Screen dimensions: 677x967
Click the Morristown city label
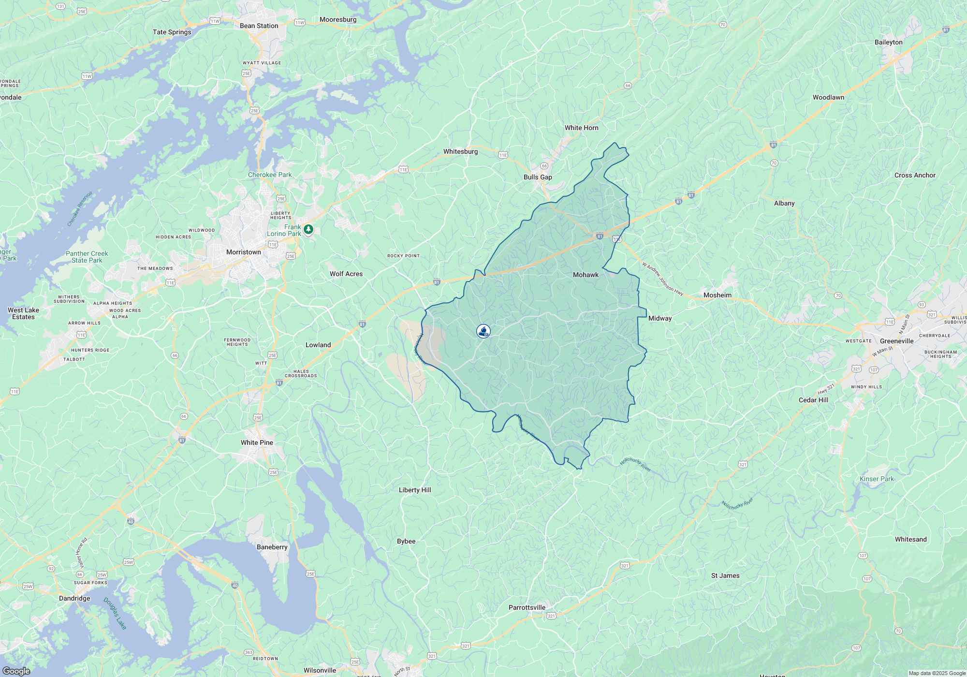(x=244, y=252)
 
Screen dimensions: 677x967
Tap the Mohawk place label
(x=586, y=275)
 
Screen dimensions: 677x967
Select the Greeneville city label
(x=896, y=341)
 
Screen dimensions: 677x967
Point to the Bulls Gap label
(x=538, y=177)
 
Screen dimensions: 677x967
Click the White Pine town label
(x=257, y=442)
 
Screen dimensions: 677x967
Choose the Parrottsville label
(x=527, y=607)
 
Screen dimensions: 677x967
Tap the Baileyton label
(x=888, y=42)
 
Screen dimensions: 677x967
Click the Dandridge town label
(x=74, y=598)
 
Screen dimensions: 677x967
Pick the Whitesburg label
(x=460, y=151)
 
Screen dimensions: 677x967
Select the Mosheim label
(x=717, y=295)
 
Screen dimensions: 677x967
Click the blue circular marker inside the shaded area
(x=483, y=331)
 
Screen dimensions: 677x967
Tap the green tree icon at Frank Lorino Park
(x=308, y=229)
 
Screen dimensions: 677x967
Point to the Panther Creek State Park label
(x=87, y=257)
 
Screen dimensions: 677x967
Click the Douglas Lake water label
(x=115, y=613)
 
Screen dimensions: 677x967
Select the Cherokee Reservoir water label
(x=80, y=209)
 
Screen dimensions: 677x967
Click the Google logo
(x=16, y=671)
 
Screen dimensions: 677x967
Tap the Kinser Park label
(x=877, y=479)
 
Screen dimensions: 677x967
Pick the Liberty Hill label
(x=415, y=490)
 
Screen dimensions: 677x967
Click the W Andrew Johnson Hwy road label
(x=662, y=280)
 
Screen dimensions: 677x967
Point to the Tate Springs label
(x=172, y=32)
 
